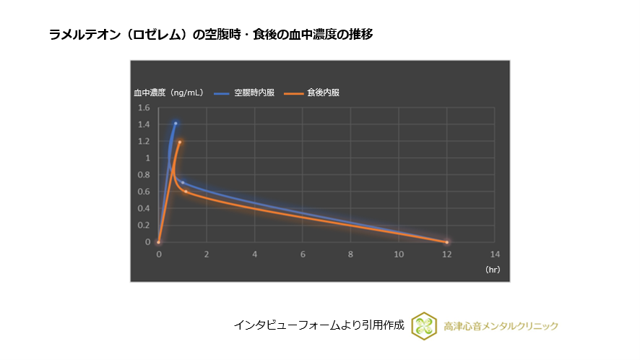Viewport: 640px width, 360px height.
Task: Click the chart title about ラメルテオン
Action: (211, 34)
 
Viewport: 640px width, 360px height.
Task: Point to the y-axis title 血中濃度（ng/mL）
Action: (168, 93)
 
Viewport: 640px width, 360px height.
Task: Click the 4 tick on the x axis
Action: (255, 254)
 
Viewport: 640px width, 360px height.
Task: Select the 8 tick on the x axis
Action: (351, 254)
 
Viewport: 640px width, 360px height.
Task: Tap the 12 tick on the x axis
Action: (447, 254)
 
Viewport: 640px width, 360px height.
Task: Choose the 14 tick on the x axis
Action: (495, 254)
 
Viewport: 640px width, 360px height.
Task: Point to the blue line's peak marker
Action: (175, 124)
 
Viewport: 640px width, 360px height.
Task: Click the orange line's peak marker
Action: (180, 142)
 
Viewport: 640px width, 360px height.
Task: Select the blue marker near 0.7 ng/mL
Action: (183, 182)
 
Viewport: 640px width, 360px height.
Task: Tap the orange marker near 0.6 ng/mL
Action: (186, 192)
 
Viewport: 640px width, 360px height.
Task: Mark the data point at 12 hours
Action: (447, 242)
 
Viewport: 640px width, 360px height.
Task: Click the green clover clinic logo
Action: (424, 326)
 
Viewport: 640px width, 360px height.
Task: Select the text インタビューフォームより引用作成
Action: (319, 325)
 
